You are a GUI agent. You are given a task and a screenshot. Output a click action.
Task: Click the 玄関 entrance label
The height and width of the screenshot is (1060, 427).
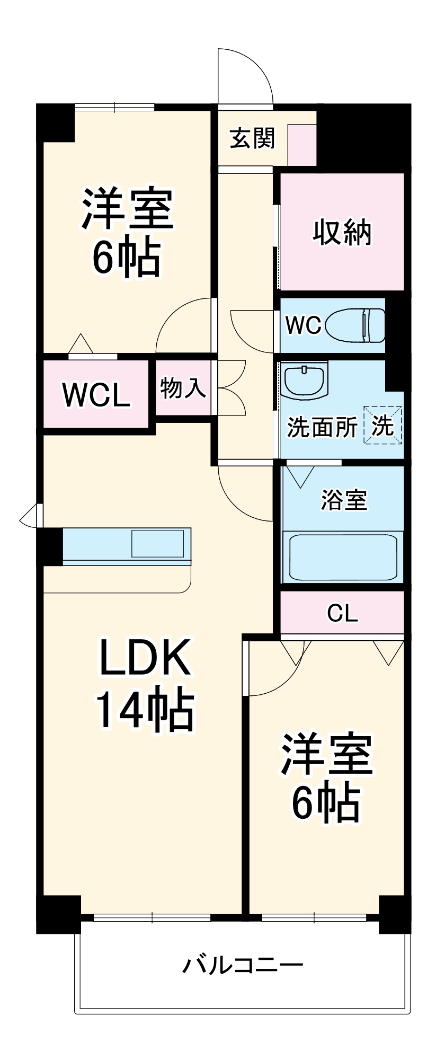tap(252, 138)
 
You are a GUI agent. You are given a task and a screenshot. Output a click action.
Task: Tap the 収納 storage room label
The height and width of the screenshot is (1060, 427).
tap(342, 232)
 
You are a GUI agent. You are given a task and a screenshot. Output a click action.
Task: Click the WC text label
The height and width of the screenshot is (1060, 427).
tap(303, 325)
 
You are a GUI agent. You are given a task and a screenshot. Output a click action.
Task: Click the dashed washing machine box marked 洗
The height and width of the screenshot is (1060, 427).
tap(382, 425)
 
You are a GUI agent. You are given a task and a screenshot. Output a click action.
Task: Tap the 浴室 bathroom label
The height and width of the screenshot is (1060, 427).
tap(343, 500)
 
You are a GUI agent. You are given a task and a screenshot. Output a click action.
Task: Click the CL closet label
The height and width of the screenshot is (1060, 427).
tap(342, 613)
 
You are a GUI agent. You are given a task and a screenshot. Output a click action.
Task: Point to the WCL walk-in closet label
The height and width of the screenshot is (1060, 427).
tap(96, 394)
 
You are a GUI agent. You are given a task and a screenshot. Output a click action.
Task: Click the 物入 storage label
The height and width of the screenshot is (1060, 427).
tap(183, 388)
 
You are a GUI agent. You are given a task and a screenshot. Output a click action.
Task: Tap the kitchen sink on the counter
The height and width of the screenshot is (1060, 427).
tap(157, 543)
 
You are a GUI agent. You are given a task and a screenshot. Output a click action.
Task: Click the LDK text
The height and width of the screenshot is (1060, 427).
tap(145, 657)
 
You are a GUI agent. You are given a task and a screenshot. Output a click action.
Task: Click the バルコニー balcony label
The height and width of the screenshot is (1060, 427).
tap(243, 965)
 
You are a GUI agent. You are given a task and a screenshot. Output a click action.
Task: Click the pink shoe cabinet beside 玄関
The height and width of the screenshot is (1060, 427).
tap(302, 144)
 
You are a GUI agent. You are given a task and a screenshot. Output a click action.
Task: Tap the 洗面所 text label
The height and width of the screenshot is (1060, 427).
tap(322, 427)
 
